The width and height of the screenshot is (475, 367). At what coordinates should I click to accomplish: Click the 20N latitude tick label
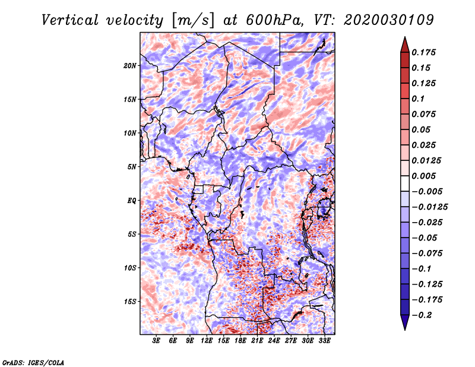pos(130,65)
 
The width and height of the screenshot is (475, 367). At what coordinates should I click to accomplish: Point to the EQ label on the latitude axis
pos(131,200)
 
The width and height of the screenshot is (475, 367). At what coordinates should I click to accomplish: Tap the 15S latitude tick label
pos(130,302)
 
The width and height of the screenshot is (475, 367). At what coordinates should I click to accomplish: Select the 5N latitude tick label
pos(132,167)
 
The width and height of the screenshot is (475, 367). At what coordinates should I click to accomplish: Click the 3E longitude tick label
pos(156,341)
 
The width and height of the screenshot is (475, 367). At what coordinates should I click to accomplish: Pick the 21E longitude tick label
pos(257,341)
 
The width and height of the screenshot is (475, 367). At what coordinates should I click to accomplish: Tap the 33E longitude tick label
pos(324,341)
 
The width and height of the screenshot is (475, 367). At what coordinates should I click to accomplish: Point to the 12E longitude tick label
pos(206,341)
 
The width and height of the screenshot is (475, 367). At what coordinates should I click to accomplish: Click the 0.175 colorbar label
pos(423,52)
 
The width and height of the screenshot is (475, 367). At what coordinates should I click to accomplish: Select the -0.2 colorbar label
pos(422,315)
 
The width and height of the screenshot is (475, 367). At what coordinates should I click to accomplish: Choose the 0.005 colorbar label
pos(423,176)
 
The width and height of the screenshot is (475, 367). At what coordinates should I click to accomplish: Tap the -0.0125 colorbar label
pos(429,207)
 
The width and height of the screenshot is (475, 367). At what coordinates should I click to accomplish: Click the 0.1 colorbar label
pos(418,99)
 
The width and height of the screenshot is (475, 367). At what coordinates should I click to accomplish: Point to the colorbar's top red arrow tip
pos(405,37)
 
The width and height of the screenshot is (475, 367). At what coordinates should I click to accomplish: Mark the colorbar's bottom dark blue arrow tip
pos(405,330)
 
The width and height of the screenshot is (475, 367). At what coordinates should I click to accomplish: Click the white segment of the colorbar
pos(405,183)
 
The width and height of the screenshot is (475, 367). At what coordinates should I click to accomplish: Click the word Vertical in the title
pos(70,20)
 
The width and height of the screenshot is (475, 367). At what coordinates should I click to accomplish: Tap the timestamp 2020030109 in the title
pos(389,20)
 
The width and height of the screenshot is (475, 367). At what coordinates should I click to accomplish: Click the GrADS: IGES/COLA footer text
pos(33,362)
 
